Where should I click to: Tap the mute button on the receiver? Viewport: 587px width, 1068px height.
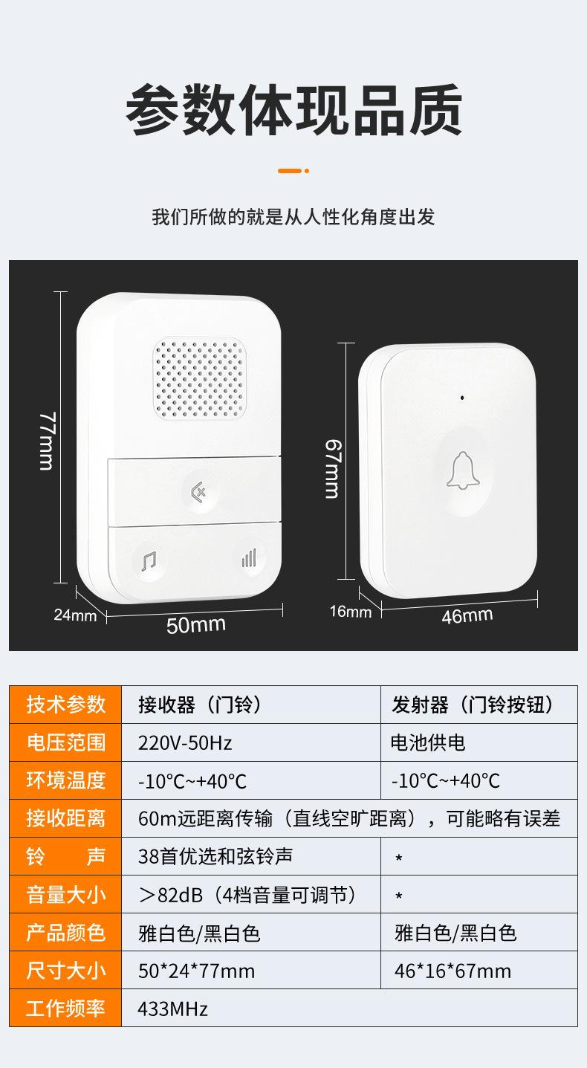coord(198,491)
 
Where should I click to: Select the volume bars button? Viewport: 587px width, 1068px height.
coord(249,558)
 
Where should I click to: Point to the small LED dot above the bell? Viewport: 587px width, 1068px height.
coord(462,398)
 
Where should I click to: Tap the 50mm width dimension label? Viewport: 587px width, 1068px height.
coord(195,625)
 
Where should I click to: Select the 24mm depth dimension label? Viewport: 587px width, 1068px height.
coord(74,615)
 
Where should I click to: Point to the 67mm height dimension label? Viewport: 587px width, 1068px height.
coord(331,468)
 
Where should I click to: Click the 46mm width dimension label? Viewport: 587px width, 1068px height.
coord(467,615)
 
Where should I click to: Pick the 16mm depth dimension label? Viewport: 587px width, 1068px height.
coord(351,612)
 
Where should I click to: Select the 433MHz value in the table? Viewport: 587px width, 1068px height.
coord(172,1009)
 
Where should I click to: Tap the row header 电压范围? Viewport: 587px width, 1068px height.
coord(66,742)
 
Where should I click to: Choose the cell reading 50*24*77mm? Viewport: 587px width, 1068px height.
coord(196,971)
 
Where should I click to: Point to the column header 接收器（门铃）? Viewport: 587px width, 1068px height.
coord(200,705)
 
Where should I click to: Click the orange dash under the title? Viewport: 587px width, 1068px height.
coord(290,171)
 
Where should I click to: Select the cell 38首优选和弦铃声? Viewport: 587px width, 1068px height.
coord(215,856)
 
